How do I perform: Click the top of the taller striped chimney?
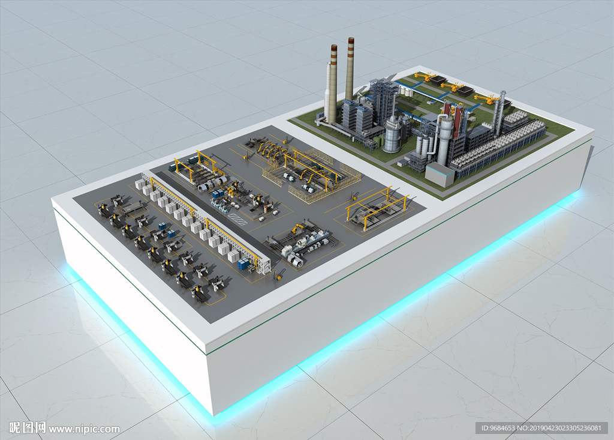tap(350, 39)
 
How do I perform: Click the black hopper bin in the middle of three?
tap(462, 91)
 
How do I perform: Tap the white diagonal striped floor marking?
tap(238, 219)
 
